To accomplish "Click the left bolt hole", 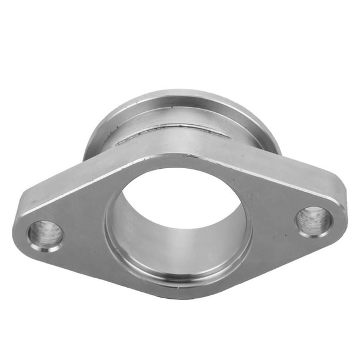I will tap(45, 235).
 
